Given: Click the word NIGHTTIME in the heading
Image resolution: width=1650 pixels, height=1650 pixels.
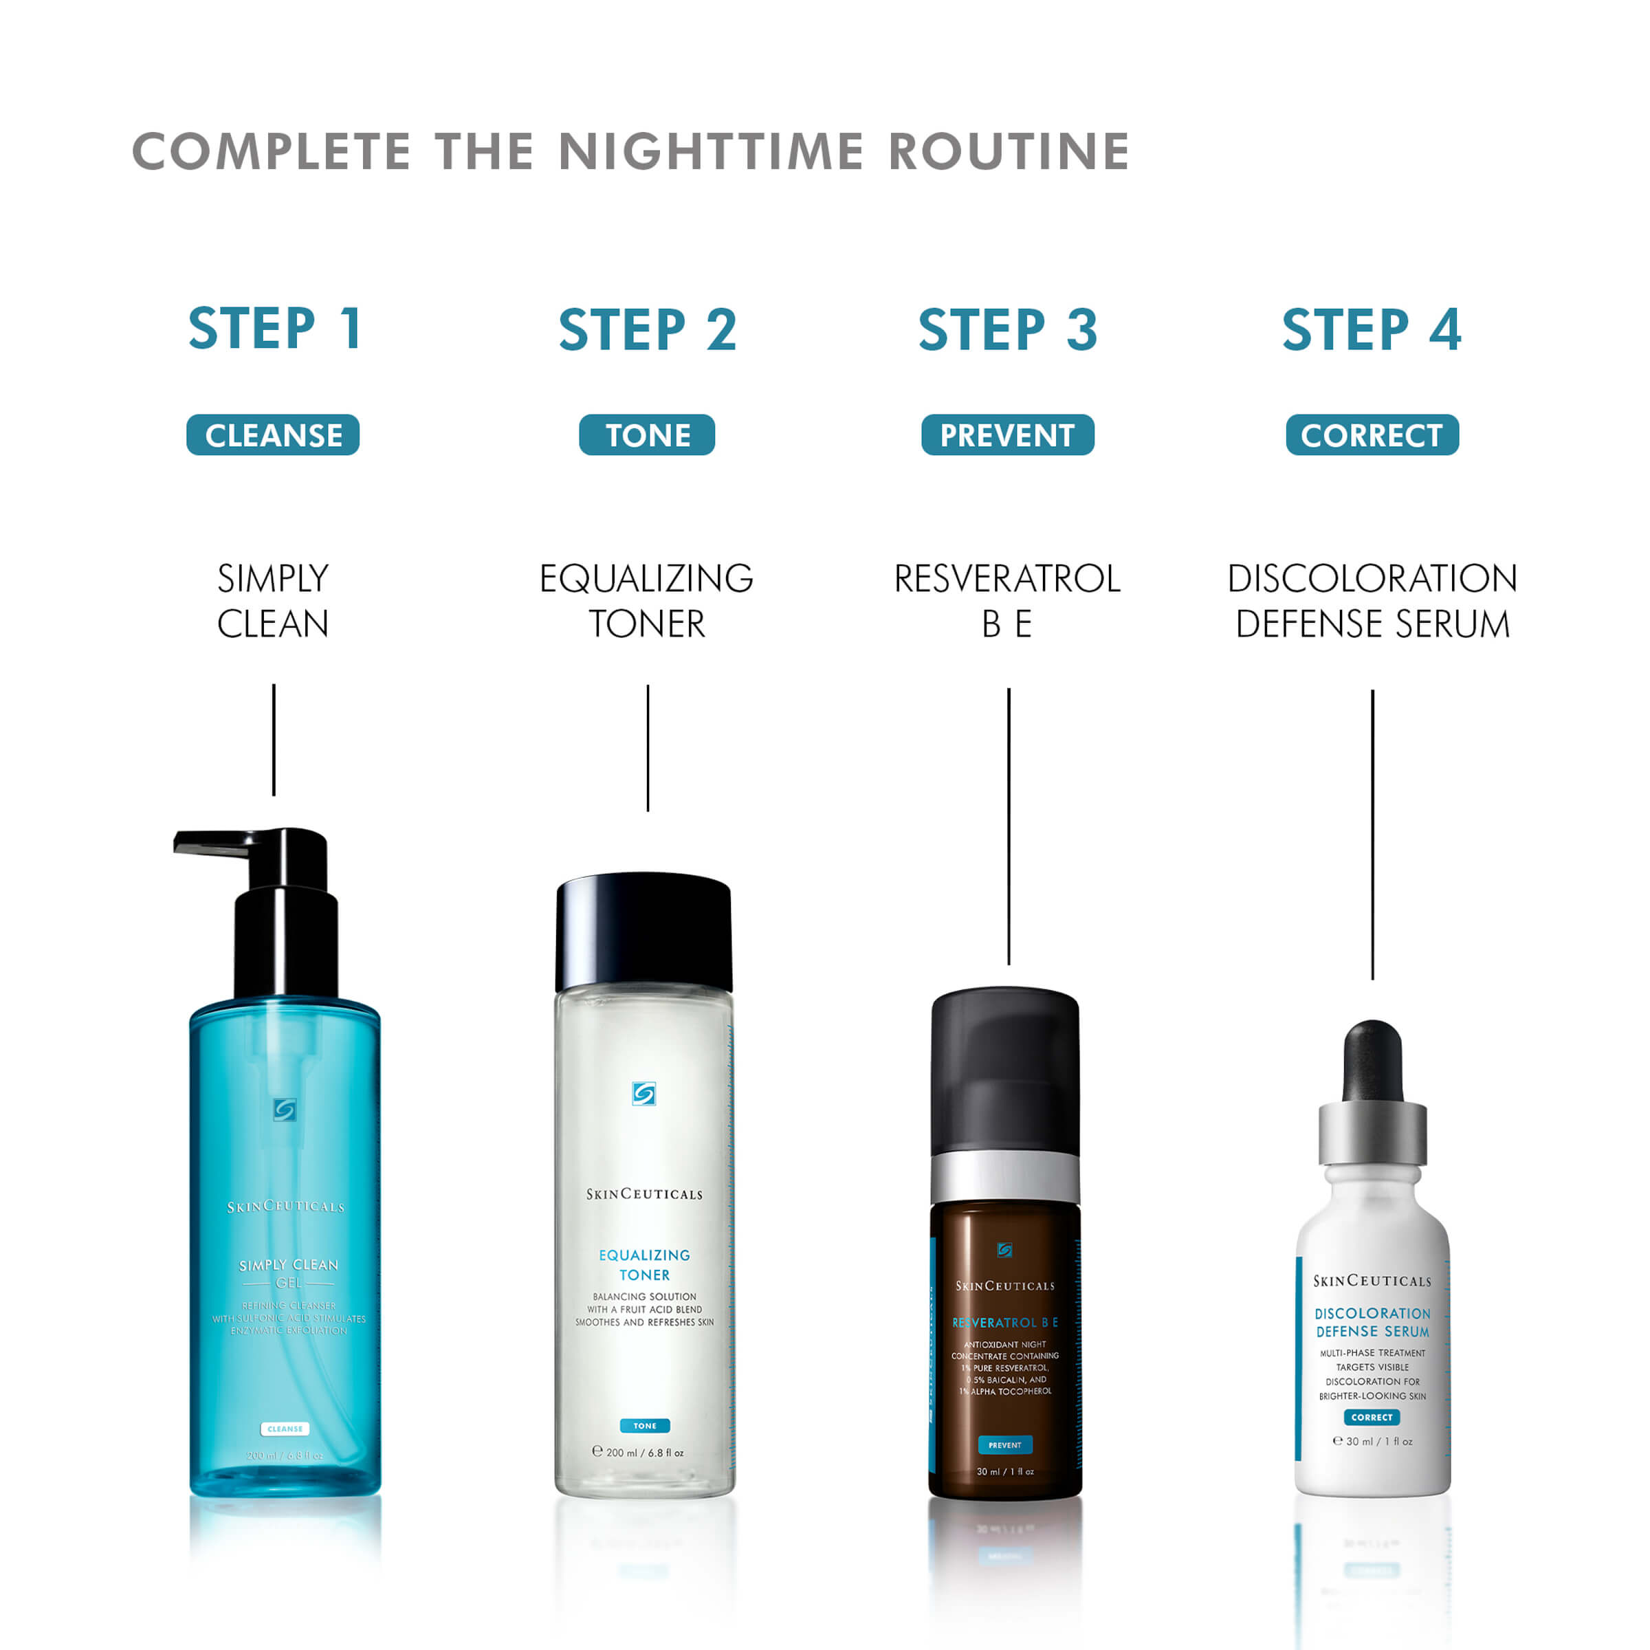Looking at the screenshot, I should [711, 152].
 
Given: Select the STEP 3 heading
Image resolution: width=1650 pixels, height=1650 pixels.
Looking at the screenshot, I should [1008, 330].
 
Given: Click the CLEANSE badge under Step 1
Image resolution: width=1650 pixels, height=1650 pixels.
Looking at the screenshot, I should [274, 436].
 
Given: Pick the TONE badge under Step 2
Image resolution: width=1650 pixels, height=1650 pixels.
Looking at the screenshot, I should [648, 436].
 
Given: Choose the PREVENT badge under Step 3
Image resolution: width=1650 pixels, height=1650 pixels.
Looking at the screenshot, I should [1008, 436].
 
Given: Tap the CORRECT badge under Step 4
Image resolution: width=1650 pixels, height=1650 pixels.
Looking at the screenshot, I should [1372, 436].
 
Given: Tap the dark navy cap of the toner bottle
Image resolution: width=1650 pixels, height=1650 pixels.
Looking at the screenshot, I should [644, 931].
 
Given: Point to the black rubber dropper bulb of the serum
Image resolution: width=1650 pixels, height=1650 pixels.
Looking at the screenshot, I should [1372, 1059].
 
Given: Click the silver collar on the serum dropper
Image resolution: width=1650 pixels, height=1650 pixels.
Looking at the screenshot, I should [1372, 1132].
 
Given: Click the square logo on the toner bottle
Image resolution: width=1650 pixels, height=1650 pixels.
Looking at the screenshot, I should [644, 1094].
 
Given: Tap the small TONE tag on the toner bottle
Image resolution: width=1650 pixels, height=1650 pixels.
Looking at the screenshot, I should [645, 1425].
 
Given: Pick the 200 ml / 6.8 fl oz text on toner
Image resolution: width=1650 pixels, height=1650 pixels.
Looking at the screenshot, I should [645, 1453].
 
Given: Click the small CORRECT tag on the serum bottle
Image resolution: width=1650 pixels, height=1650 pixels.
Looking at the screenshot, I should [1372, 1417].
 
